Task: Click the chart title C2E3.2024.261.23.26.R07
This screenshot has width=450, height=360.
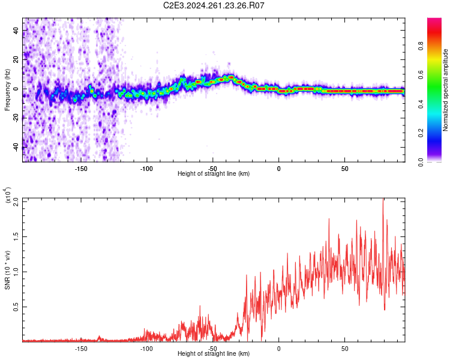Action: tap(214, 5)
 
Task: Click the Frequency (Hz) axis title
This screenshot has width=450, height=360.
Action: tap(7, 90)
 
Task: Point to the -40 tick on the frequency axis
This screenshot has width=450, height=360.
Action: tap(16, 147)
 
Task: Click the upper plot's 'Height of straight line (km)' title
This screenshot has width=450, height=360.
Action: tap(214, 174)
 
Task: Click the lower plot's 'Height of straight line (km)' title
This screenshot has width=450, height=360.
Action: tap(214, 354)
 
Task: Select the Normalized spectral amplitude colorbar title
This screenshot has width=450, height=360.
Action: tap(446, 90)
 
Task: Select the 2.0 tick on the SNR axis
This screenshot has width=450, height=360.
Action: tap(16, 199)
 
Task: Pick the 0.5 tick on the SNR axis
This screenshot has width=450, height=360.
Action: tap(16, 306)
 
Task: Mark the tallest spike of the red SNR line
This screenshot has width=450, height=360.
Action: tap(383, 200)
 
